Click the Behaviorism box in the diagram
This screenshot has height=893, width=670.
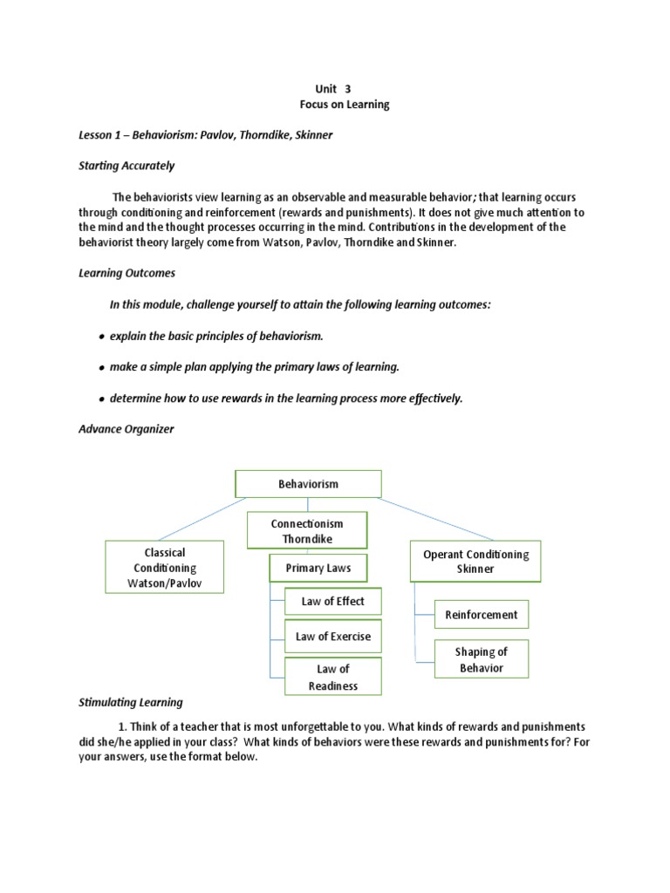308,483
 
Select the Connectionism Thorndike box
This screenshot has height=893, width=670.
307,530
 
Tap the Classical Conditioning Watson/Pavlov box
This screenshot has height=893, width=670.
164,568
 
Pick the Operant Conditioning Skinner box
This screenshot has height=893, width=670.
475,561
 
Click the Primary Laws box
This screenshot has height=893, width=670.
318,569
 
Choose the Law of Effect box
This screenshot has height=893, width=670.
332,601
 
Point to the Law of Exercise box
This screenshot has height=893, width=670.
332,637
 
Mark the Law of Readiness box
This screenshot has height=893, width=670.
332,677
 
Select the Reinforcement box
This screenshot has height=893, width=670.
481,615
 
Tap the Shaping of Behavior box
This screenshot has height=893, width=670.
481,660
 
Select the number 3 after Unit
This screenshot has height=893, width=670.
347,88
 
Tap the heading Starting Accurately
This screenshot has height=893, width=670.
126,166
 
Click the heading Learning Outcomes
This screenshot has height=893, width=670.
126,273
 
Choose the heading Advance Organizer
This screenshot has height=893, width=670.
126,429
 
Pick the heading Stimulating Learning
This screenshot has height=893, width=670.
131,702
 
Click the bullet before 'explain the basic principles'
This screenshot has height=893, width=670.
102,337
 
